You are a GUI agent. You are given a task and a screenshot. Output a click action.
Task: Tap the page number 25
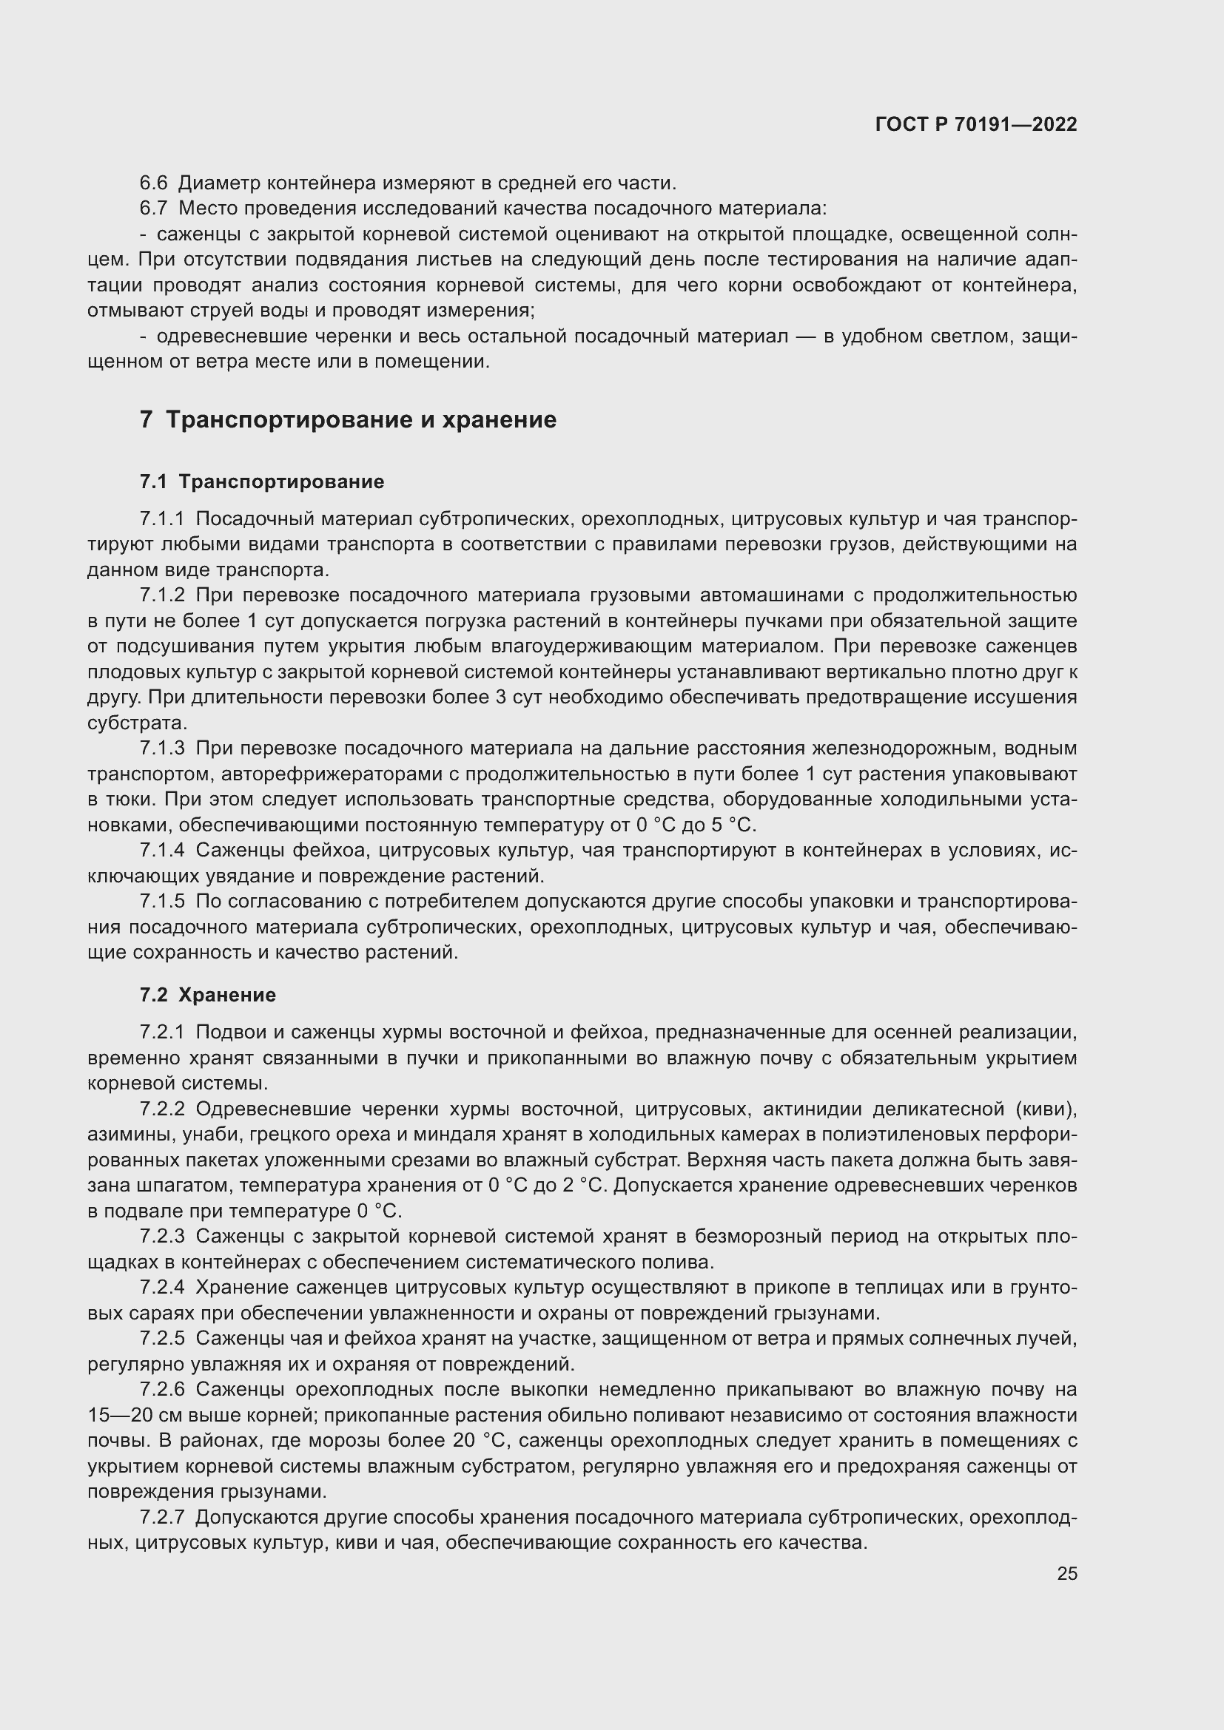click(x=1066, y=1573)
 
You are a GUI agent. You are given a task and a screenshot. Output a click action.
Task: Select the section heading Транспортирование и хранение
click(x=360, y=419)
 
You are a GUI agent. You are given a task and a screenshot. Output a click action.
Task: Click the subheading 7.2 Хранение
click(x=207, y=995)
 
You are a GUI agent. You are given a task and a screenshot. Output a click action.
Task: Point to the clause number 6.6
click(x=154, y=183)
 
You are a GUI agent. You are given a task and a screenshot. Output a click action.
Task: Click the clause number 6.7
click(x=154, y=209)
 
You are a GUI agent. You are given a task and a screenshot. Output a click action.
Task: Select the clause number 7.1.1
click(x=162, y=519)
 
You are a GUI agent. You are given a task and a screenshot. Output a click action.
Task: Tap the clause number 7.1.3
click(x=162, y=749)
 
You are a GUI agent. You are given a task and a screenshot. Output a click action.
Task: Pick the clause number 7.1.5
click(x=162, y=902)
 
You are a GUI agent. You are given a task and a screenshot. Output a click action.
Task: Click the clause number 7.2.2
click(x=162, y=1109)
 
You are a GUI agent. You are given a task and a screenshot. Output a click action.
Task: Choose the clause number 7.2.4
click(x=162, y=1288)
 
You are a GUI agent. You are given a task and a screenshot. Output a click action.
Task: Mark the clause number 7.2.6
click(x=162, y=1390)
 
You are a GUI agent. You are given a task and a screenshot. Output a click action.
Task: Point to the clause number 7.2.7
click(x=162, y=1517)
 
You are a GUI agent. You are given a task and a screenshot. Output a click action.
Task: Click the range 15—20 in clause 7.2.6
click(x=121, y=1415)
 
